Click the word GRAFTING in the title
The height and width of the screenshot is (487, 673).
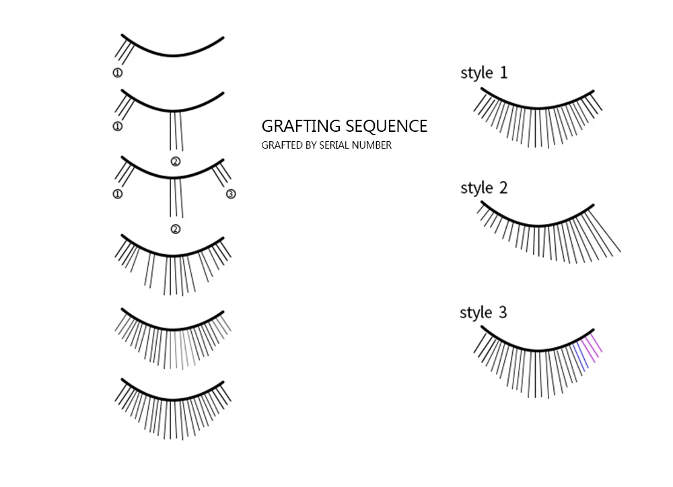pos(302,126)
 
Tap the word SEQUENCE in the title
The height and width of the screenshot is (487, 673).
pos(386,126)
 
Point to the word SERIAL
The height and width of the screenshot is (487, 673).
pos(334,145)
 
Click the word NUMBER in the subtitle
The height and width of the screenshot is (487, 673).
pos(371,145)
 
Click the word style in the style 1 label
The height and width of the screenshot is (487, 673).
pos(476,73)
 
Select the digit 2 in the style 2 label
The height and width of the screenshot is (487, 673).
pos(503,188)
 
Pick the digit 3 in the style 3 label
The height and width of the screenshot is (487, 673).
pos(503,312)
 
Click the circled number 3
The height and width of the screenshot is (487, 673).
pos(231,194)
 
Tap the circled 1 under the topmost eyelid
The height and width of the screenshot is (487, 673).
pos(118,73)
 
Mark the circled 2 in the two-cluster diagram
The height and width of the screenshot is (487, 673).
pos(176,161)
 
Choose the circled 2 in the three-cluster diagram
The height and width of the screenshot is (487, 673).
pos(176,229)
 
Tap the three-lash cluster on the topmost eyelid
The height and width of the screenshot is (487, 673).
pos(124,51)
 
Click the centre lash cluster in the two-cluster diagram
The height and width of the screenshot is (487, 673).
pos(176,131)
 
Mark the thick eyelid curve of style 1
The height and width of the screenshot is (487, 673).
pos(537,107)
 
